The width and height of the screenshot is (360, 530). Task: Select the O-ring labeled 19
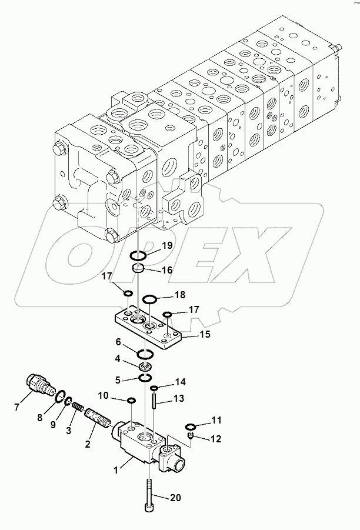pos(139,256)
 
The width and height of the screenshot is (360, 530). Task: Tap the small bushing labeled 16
pos(139,269)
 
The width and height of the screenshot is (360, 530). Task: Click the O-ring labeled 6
pos(145,354)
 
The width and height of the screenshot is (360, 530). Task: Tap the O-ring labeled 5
pos(145,377)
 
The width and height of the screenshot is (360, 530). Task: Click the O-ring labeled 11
pos(190,426)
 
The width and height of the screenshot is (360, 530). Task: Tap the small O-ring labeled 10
pos(131,401)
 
